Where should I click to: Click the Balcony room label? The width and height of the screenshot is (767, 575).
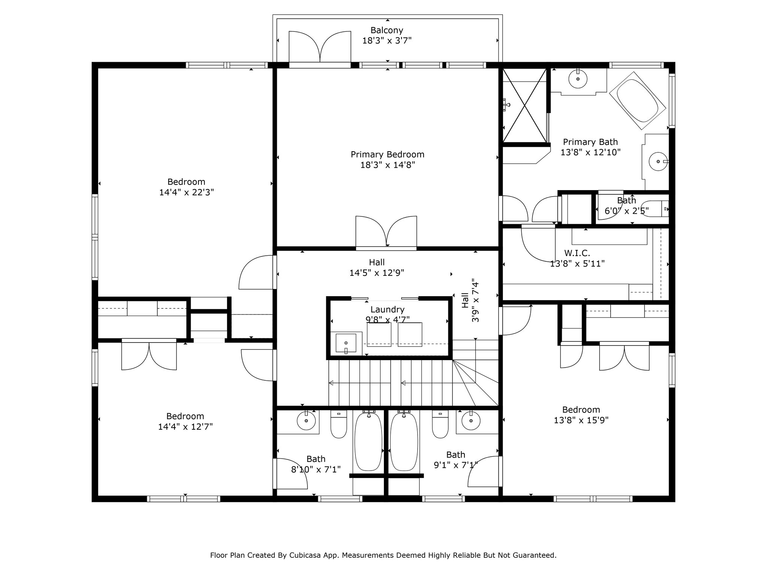tap(387, 30)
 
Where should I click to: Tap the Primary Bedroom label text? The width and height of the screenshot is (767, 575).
tap(388, 154)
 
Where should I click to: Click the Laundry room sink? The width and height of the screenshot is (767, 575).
tap(345, 343)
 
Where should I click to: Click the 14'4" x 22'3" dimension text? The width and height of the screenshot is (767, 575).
tap(187, 192)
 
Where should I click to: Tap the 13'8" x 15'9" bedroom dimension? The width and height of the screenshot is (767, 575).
tap(581, 420)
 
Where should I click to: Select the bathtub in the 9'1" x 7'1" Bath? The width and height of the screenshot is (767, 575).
tap(404, 441)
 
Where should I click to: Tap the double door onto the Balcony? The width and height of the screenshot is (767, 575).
tap(320, 48)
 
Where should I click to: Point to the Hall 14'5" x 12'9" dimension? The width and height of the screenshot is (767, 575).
tap(377, 273)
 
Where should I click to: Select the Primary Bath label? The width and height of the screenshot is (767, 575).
tap(591, 142)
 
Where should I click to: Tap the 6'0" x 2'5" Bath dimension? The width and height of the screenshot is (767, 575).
tap(627, 211)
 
